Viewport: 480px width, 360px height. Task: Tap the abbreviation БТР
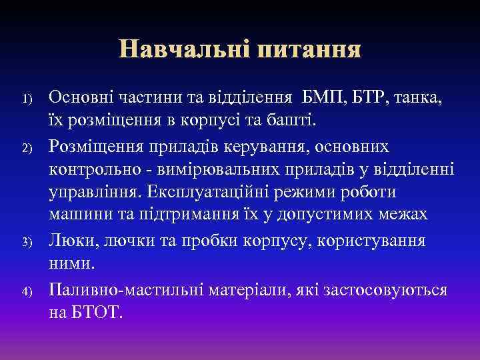375,98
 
